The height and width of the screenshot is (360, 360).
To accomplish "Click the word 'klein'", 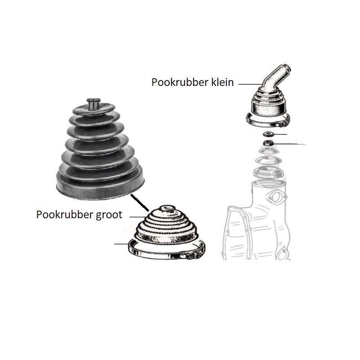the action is coord(222,82).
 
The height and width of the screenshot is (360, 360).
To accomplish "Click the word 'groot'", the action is coord(109,215).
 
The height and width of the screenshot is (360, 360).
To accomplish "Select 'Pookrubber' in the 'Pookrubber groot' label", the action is coord(64,215).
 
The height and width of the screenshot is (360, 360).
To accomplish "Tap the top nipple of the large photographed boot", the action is coord(94,104).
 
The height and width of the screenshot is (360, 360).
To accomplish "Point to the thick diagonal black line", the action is coord(139,203).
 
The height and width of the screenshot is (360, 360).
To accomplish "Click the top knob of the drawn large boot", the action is coord(167,208).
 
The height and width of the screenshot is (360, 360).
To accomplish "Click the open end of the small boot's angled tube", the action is coord(288,68).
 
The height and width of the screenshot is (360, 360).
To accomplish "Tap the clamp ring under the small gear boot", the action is coord(268,121).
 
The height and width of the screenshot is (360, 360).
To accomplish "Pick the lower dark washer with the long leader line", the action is coord(268,143).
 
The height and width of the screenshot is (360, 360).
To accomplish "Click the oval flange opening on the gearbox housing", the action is coord(276,196).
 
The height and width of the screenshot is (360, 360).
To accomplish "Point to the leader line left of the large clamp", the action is coord(121,244).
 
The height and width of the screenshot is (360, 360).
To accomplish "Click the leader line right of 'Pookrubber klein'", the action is coord(250,84).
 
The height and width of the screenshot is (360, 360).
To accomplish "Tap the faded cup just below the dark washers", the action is coord(269,151).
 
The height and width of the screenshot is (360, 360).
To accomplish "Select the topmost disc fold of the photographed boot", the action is coord(94,109).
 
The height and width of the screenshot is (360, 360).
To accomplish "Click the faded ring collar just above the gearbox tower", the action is coord(268,172).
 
